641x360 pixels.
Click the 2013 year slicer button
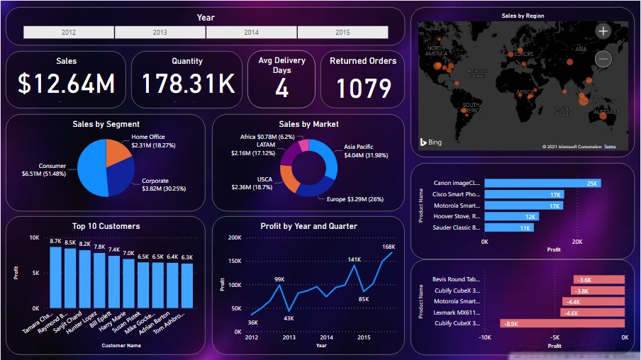(160, 33)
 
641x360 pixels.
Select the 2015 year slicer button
(342, 33)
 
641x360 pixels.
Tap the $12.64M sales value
(67, 84)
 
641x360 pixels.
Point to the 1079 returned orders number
(363, 89)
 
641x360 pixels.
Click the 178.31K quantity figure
(187, 84)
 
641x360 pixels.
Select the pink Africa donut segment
(304, 145)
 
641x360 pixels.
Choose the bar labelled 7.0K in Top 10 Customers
(128, 283)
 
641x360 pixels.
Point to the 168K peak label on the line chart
(388, 247)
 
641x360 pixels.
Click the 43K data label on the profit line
(289, 318)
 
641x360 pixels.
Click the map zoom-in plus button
(603, 31)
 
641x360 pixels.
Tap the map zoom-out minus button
(603, 60)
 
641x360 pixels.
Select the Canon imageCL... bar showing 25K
(542, 183)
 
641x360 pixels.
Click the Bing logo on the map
(430, 142)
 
